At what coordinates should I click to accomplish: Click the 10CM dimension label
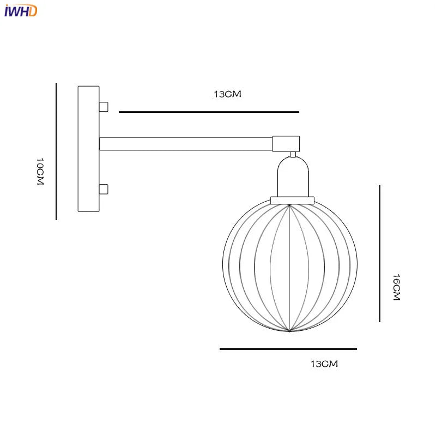point(39,172)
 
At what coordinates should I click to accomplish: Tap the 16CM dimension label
point(396,287)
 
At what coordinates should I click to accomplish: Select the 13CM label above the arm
point(227,94)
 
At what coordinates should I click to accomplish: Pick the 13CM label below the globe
point(324,364)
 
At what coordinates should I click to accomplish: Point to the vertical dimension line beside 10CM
point(56,152)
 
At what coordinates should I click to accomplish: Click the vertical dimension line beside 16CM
point(379,253)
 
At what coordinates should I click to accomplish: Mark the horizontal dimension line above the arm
point(209,112)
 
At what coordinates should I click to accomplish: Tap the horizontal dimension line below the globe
point(288,349)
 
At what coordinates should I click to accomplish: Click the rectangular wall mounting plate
point(89,149)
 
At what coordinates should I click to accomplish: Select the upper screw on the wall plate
point(104,106)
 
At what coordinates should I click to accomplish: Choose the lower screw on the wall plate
point(104,190)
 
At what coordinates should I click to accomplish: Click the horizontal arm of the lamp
point(185,143)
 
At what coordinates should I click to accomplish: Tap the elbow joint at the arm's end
point(286,143)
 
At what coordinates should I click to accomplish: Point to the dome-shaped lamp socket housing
point(293,177)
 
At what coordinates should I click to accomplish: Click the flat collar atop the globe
point(293,200)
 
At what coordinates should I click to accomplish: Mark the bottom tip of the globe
point(289,331)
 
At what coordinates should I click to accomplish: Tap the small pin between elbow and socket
point(293,154)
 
